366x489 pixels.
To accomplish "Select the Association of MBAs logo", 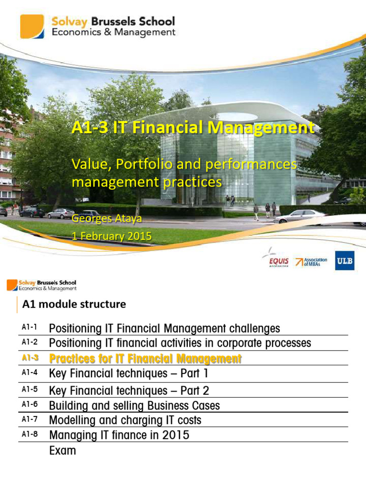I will click(x=311, y=261).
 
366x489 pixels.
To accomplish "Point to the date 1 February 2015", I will click(x=111, y=236).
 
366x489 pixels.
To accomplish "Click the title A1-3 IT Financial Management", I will click(x=193, y=128).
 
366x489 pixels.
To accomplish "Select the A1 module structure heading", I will click(x=75, y=304).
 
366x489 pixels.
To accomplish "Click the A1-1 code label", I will click(x=29, y=328).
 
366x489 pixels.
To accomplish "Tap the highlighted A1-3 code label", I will click(x=29, y=358).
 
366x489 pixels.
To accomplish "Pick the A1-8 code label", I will click(x=29, y=434).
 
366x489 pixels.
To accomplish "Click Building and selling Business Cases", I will click(x=134, y=405).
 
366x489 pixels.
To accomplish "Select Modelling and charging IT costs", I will click(x=125, y=420).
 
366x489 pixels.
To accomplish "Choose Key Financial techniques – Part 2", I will click(x=129, y=391).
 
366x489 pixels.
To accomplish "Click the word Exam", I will click(x=62, y=450).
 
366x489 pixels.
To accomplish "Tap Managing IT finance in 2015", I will click(x=119, y=435).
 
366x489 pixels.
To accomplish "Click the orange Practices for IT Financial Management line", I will click(x=145, y=359).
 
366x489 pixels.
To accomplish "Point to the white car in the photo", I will click(x=300, y=216).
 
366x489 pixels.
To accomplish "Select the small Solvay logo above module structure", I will click(x=12, y=286).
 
